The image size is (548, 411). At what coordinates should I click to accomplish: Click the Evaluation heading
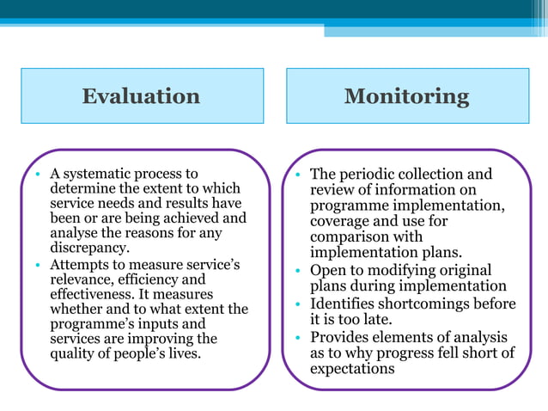tap(141, 95)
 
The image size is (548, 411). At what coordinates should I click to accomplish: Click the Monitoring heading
tap(406, 95)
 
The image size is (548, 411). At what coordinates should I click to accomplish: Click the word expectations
tap(352, 369)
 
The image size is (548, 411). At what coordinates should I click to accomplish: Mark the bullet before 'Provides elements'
tap(297, 337)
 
